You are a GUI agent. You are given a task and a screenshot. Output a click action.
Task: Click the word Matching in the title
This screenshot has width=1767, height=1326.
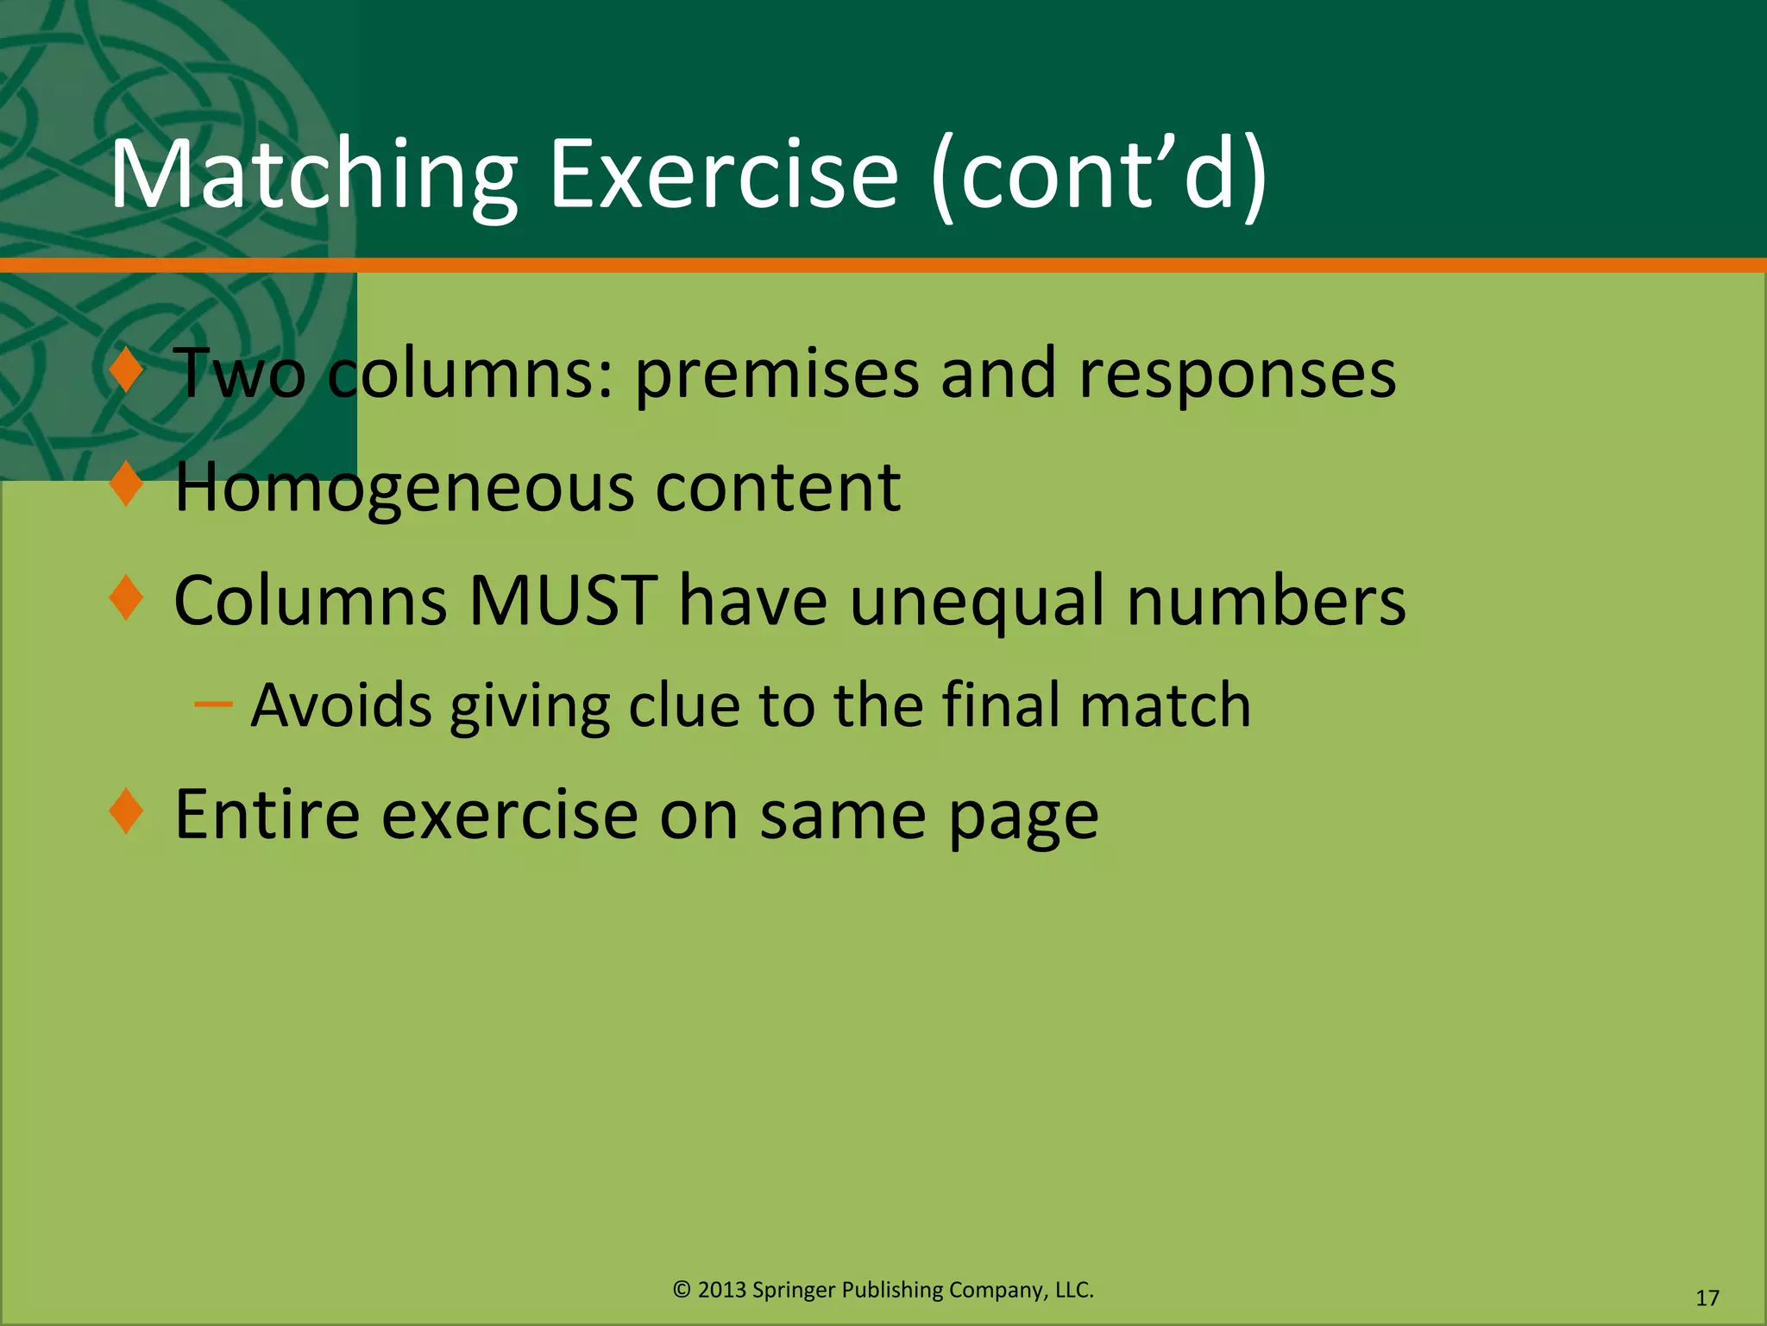(x=314, y=177)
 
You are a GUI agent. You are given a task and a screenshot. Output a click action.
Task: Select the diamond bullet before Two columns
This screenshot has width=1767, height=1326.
(x=127, y=370)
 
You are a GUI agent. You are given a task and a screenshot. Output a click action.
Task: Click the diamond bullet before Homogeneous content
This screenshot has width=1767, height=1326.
(x=127, y=484)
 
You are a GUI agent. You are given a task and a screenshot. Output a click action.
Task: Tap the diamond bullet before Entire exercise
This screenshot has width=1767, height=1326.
(x=127, y=811)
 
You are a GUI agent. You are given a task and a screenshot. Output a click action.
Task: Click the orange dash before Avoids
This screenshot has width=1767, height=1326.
(x=213, y=705)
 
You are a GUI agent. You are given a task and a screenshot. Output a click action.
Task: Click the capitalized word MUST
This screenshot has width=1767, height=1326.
(x=563, y=600)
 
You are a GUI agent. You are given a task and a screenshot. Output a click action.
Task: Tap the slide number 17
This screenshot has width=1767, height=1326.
(x=1707, y=1298)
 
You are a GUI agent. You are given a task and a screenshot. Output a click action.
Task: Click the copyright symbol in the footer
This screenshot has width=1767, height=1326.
(x=682, y=1290)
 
